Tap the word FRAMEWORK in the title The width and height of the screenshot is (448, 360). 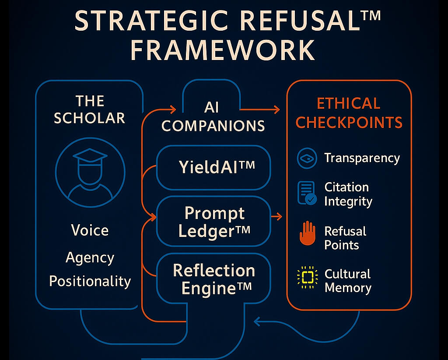click(223, 51)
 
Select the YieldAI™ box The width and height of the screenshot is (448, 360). click(213, 167)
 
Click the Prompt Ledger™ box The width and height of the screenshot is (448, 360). click(213, 221)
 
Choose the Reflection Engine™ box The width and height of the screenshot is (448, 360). click(213, 279)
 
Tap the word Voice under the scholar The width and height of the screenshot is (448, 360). click(90, 230)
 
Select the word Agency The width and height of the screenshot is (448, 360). click(90, 257)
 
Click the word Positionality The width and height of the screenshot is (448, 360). click(90, 281)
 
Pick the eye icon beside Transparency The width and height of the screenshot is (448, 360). click(307, 158)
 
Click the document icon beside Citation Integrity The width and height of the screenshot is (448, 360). click(307, 193)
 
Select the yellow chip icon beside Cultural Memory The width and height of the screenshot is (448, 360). click(307, 277)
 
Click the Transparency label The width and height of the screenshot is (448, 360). click(362, 158)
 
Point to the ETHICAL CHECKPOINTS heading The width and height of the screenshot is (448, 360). click(349, 113)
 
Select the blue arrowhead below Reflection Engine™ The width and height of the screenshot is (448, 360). click(257, 323)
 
